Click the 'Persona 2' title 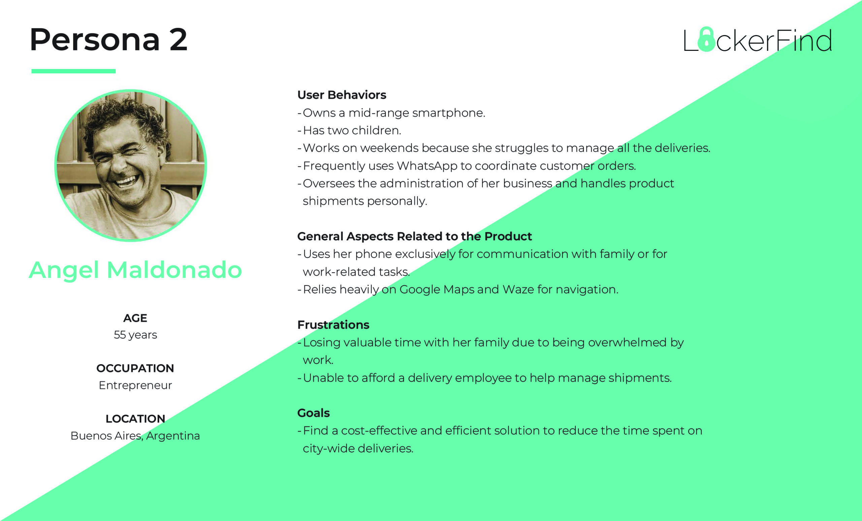108,39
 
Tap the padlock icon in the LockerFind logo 706,39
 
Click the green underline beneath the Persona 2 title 73,71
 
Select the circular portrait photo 131,165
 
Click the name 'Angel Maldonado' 135,270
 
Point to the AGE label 135,318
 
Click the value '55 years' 135,335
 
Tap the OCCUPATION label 135,368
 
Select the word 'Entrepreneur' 135,385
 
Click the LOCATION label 135,419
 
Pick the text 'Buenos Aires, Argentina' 135,436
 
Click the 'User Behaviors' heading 342,95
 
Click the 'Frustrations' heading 333,325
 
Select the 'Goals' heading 313,413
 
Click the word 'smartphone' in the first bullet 449,113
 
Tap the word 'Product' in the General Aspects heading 508,236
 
